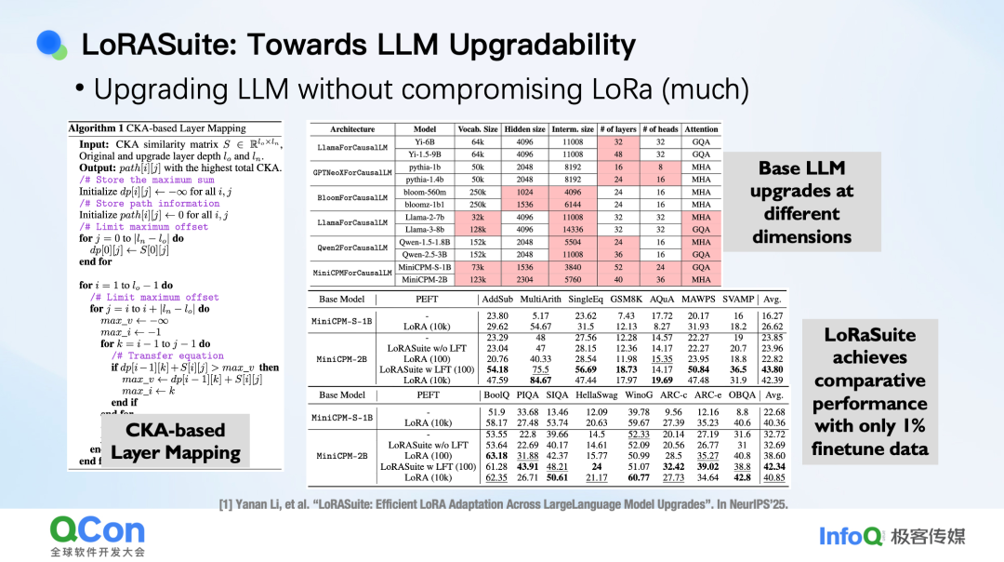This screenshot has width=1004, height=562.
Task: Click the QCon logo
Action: point(98,530)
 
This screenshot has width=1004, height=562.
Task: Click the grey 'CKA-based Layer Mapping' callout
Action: point(176,442)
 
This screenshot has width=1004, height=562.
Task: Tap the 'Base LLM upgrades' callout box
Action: point(801,203)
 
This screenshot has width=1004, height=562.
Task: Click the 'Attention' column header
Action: point(701,129)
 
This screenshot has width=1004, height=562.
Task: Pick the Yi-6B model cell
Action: point(424,142)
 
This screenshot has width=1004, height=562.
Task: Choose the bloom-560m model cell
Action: point(424,192)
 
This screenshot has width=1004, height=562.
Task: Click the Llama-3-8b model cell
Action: point(424,229)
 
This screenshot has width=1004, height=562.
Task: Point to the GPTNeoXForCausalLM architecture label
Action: point(352,173)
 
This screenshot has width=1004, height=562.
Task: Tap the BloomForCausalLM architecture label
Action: point(352,198)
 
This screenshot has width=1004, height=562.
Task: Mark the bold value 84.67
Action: point(540,380)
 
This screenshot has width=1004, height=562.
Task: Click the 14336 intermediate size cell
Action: point(573,229)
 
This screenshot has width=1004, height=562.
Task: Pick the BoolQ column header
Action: point(496,395)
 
